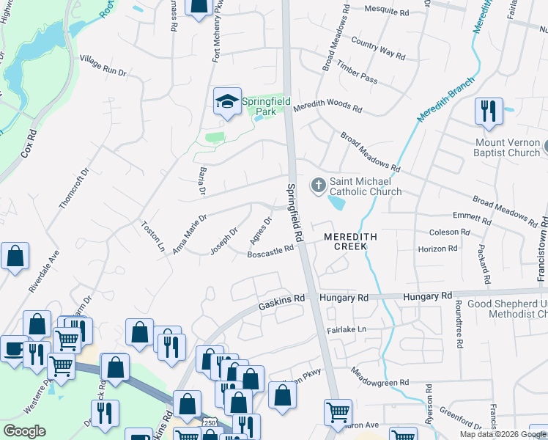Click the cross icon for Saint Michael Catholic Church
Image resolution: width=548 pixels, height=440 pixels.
click(x=318, y=185)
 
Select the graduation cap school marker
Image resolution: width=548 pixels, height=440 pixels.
click(x=228, y=102)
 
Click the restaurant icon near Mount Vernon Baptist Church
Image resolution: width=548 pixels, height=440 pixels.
click(x=489, y=111)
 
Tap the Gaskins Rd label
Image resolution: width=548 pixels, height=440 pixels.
click(x=281, y=299)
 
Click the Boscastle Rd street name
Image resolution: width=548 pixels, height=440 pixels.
click(x=270, y=249)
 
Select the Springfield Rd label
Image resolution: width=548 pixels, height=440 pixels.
click(x=295, y=213)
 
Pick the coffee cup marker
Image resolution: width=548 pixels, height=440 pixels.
click(x=13, y=350)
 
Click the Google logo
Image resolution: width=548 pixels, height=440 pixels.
click(x=24, y=431)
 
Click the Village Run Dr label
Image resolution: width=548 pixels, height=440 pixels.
click(x=103, y=65)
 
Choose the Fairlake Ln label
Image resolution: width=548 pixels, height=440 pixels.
click(x=346, y=330)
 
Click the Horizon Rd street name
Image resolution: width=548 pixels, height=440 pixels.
click(x=438, y=249)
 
